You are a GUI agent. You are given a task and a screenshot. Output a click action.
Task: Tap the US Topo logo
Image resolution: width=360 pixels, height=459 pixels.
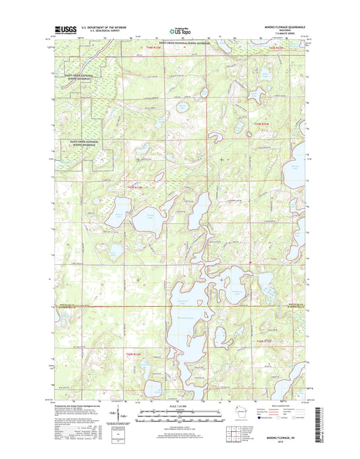tap(176, 30)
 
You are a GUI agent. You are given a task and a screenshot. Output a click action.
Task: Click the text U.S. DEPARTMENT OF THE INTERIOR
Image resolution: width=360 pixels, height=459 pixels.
tap(104, 28)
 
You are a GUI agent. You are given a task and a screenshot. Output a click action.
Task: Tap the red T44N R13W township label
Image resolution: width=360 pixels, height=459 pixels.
tap(155, 48)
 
